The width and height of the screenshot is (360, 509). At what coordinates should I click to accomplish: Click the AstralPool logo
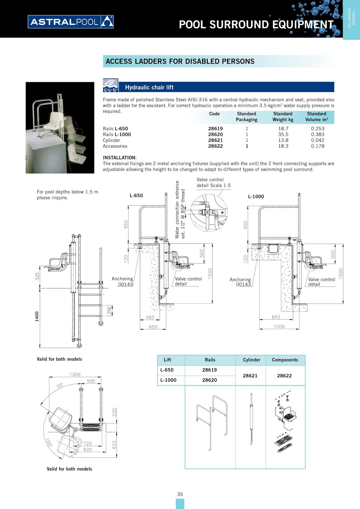pyautogui.click(x=71, y=22)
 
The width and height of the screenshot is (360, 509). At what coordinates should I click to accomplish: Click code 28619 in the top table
pyautogui.click(x=215, y=129)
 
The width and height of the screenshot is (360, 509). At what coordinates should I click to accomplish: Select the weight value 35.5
pyautogui.click(x=283, y=135)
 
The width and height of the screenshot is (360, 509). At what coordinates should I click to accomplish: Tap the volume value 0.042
pyautogui.click(x=317, y=140)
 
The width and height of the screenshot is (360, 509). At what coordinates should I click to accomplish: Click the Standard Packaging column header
pyautogui.click(x=246, y=117)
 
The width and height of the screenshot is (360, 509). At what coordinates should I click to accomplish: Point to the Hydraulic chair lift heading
pyautogui.click(x=149, y=87)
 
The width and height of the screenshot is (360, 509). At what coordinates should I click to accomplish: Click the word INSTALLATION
pyautogui.click(x=119, y=158)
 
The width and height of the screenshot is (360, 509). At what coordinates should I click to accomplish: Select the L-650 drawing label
pyautogui.click(x=136, y=195)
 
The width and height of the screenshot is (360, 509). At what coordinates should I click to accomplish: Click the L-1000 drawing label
pyautogui.click(x=256, y=197)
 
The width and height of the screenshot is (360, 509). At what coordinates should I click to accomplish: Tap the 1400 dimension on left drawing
pyautogui.click(x=37, y=316)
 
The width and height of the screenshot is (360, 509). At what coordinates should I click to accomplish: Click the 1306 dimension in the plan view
pyautogui.click(x=75, y=374)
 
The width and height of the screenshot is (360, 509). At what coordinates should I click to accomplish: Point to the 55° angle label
pyautogui.click(x=60, y=386)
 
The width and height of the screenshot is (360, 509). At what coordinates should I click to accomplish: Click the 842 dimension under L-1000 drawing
pyautogui.click(x=276, y=317)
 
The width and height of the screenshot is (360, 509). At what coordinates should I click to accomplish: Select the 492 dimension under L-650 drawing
pyautogui.click(x=150, y=317)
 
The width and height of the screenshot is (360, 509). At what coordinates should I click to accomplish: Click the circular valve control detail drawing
pyautogui.click(x=209, y=212)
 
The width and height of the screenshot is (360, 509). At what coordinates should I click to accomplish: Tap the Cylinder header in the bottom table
pyautogui.click(x=251, y=360)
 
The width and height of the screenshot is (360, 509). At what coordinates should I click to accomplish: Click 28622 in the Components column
pyautogui.click(x=284, y=376)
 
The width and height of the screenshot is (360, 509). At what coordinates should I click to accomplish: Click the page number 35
pyautogui.click(x=180, y=494)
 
